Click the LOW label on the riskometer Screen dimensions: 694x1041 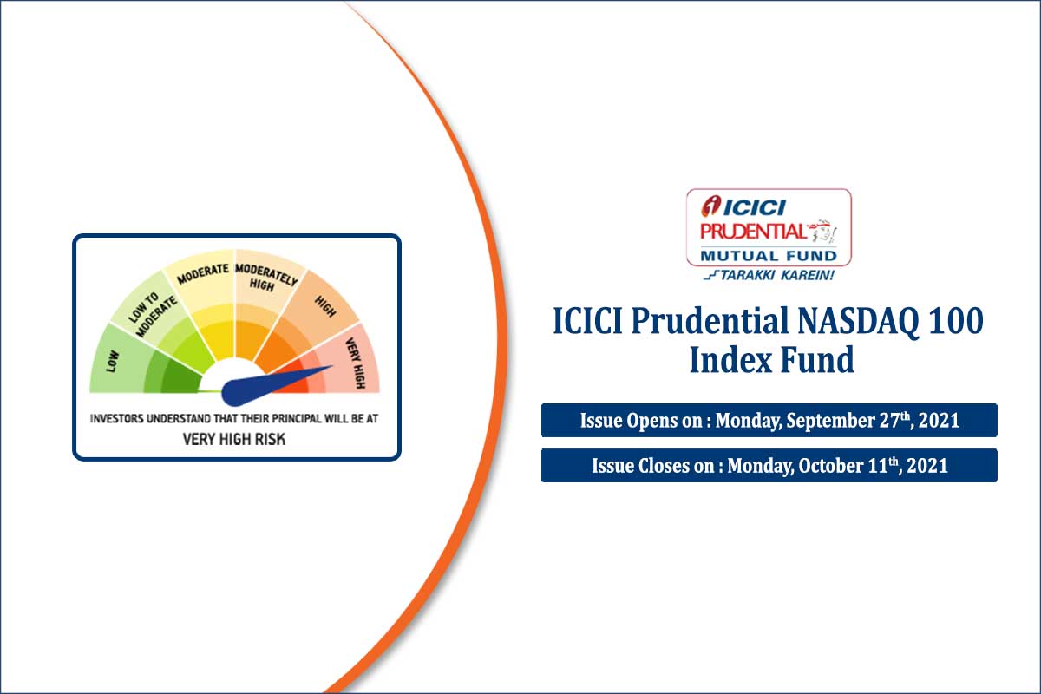pos(111,361)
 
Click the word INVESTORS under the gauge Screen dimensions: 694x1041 pos(120,418)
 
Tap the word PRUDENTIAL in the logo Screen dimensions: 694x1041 pos(752,232)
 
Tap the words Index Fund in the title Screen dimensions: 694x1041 pos(771,359)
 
